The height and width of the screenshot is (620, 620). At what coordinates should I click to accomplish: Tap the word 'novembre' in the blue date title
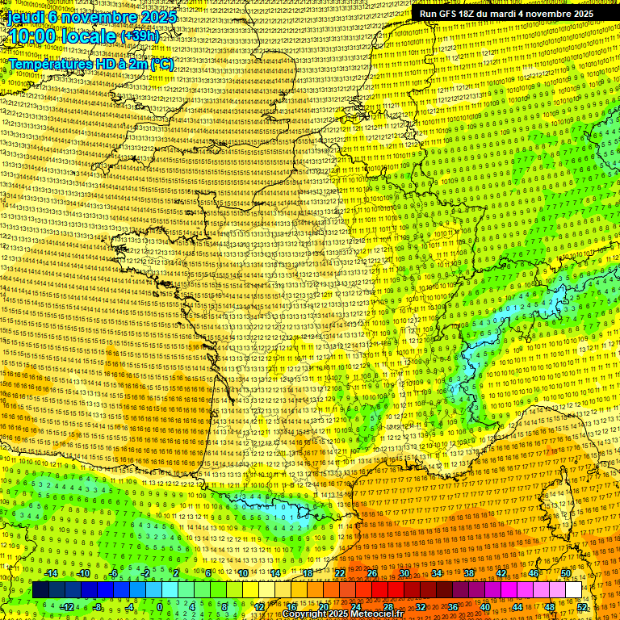coord(100,16)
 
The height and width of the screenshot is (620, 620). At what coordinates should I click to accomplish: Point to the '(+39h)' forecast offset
coord(140,36)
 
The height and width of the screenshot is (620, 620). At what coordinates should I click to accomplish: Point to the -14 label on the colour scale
coord(51,573)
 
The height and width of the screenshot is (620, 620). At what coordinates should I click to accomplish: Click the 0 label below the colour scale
coord(159,607)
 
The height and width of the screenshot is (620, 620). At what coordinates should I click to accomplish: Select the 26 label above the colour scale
coord(371,573)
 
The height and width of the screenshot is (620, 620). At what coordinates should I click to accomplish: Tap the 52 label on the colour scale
coord(583,607)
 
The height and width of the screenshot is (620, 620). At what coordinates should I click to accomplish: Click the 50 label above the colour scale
coord(566,573)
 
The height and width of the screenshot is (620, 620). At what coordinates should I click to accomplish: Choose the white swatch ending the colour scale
coord(573,590)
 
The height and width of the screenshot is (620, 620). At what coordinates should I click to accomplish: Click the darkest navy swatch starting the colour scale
coord(40,590)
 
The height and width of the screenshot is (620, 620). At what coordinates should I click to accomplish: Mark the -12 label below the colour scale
coord(67,607)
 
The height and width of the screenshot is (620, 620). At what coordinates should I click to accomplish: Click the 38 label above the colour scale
coord(469,573)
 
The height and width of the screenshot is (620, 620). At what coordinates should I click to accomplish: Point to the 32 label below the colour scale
coord(420,607)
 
